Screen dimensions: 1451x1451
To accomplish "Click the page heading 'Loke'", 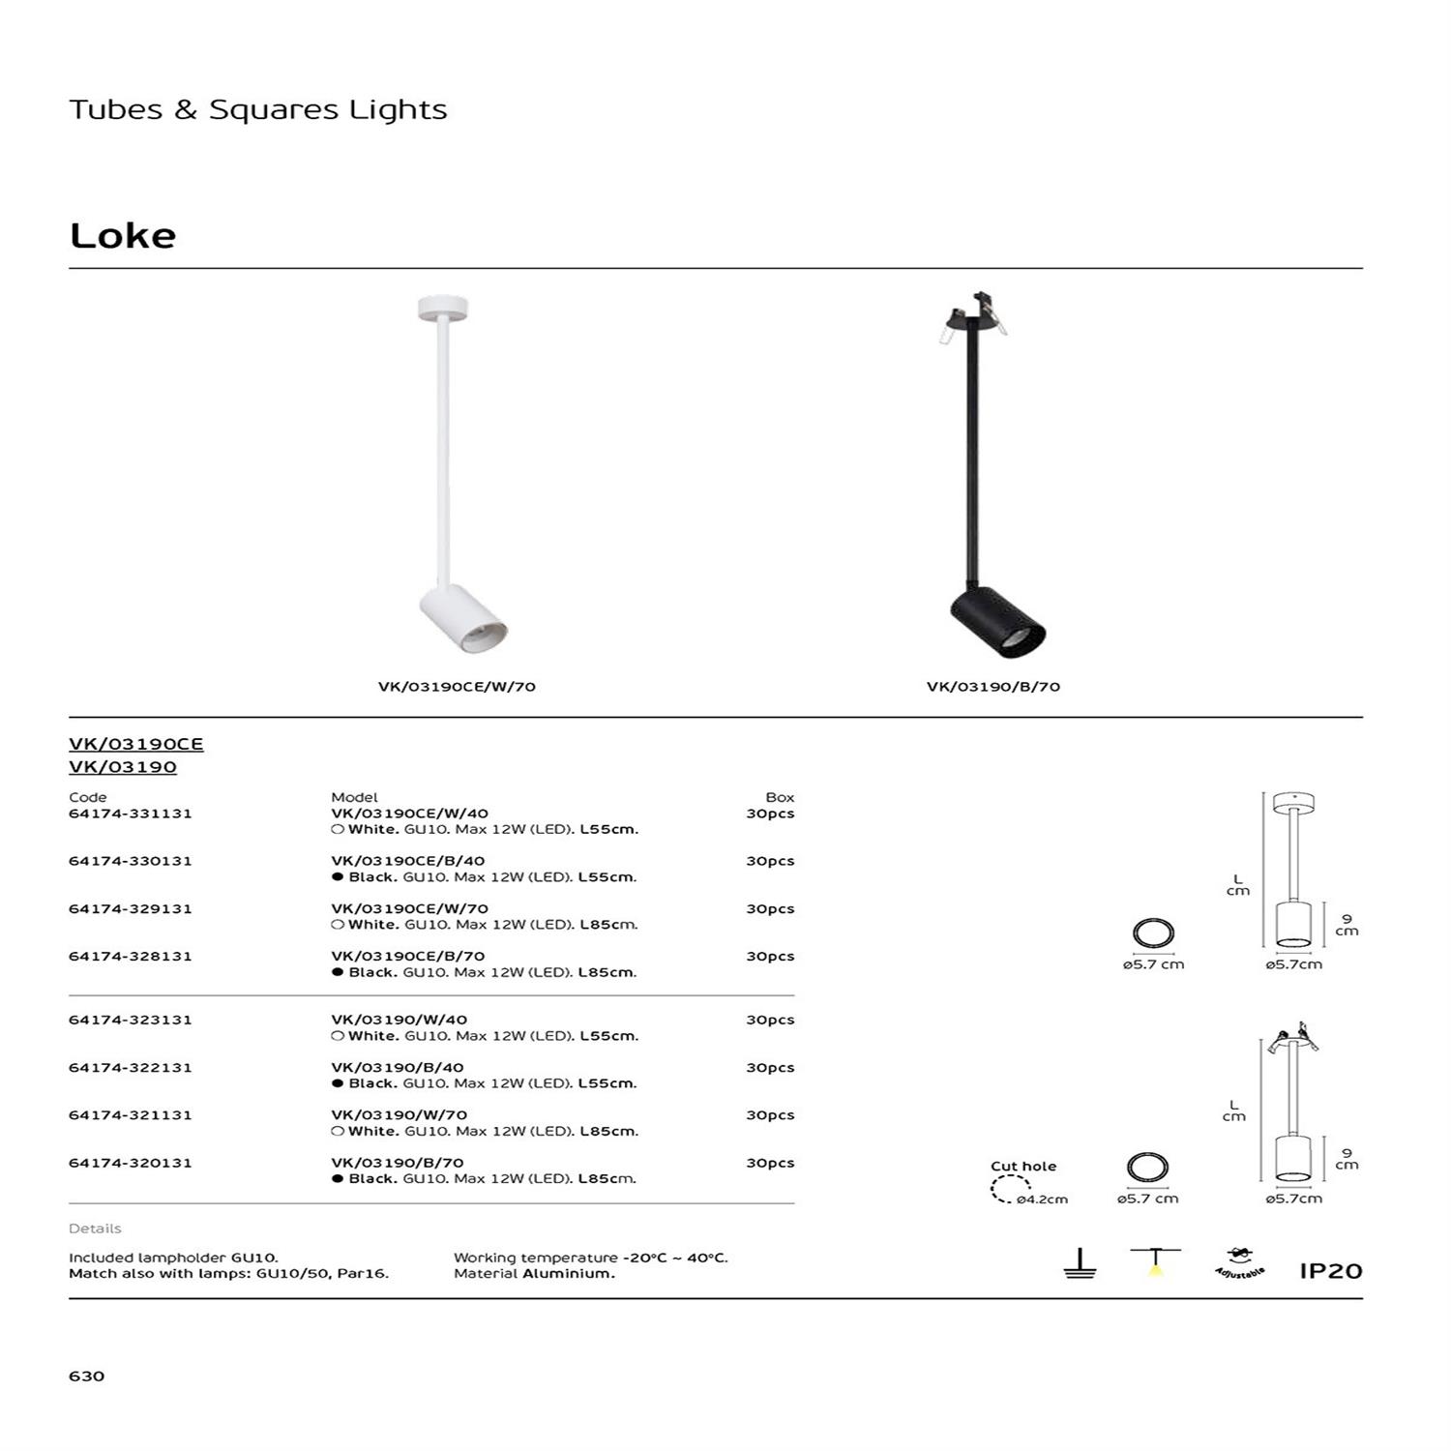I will tap(123, 236).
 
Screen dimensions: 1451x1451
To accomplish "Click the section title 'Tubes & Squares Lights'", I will tap(258, 109).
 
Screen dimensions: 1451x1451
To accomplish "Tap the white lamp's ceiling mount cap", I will tap(442, 309).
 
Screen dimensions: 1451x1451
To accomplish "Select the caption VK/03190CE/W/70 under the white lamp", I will tap(457, 687).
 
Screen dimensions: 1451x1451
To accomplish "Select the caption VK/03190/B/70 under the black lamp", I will tap(993, 687).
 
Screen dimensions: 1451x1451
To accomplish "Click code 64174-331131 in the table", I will tap(131, 814).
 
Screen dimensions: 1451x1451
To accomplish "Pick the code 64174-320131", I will tap(131, 1163).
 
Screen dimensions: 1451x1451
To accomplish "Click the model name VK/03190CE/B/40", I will tap(408, 861).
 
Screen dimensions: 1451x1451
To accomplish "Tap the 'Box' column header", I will tap(780, 797).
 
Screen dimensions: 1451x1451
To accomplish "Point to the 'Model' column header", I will tap(354, 797).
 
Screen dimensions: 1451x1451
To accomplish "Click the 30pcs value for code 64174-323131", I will tap(770, 1020).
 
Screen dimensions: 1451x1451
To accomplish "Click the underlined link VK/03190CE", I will tap(136, 744).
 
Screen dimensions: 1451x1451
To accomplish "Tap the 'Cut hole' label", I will tap(1023, 1166).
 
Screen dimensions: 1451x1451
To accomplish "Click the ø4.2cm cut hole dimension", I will tap(1042, 1199).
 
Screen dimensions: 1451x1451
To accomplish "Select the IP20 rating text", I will tap(1330, 1271).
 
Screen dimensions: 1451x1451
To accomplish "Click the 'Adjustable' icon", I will tap(1239, 1263).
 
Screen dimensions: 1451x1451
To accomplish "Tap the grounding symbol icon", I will tap(1080, 1263).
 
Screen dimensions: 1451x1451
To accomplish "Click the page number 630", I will tap(87, 1376).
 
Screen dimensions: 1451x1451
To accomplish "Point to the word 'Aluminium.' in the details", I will tap(568, 1274).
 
